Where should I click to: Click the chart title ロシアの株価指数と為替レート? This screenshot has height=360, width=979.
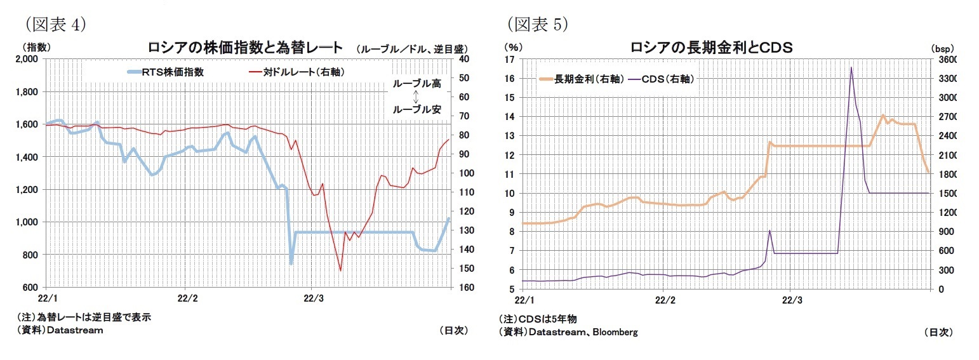pyautogui.click(x=245, y=47)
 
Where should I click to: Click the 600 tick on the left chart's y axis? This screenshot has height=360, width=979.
pyautogui.click(x=31, y=288)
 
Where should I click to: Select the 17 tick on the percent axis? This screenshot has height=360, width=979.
pyautogui.click(x=509, y=60)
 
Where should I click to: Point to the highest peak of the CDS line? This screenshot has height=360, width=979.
pyautogui.click(x=851, y=67)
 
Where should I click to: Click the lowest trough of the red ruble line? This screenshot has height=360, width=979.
pyautogui.click(x=340, y=270)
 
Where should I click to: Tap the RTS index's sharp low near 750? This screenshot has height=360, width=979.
pyautogui.click(x=291, y=263)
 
